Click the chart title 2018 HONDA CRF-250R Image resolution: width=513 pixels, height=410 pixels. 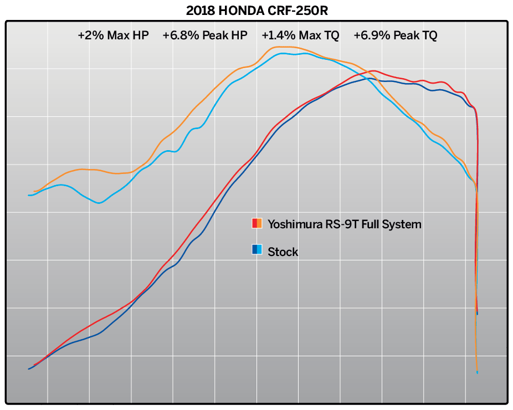(256, 10)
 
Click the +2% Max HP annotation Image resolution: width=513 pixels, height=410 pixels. (113, 35)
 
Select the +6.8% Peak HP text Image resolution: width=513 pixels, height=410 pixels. (205, 35)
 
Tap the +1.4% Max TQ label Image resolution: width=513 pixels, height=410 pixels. (300, 35)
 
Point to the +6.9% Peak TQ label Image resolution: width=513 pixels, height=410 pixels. (396, 35)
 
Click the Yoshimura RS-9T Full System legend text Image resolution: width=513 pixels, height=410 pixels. (344, 224)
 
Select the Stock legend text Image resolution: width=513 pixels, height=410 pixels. (283, 252)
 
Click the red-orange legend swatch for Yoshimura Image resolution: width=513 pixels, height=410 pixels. (257, 224)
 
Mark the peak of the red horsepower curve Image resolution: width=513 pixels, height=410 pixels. (375, 71)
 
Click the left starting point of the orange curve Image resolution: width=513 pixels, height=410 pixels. (34, 192)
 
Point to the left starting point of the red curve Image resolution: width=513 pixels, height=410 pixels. (34, 366)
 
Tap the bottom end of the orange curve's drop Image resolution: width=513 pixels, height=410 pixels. (477, 370)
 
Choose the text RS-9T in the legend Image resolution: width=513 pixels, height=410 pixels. (335, 224)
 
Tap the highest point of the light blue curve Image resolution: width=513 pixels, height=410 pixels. (282, 53)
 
